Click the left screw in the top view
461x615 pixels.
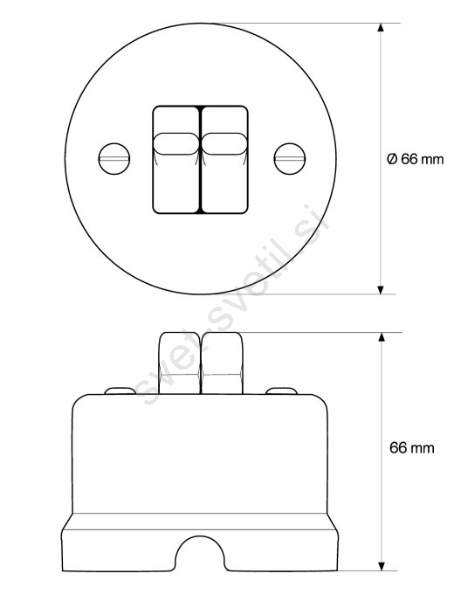pos(114,159)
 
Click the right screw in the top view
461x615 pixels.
pos(290,159)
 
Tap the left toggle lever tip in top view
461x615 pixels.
pos(176,144)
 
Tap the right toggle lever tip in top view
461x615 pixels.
pos(224,144)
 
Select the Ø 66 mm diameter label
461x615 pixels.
pos(415,159)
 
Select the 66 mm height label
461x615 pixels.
pos(412,448)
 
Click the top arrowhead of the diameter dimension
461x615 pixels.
pos(381,27)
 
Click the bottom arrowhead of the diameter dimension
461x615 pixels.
pos(381,290)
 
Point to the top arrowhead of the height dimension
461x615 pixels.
pos(382,337)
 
